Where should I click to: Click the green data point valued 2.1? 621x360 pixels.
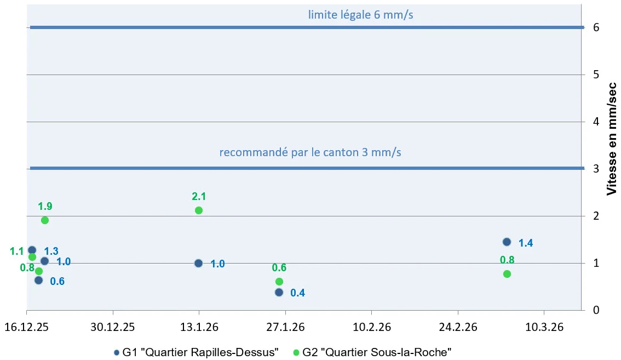199,210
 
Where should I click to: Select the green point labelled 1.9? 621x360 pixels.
45,220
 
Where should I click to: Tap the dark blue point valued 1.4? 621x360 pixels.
507,242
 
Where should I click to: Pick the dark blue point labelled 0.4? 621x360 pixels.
279,292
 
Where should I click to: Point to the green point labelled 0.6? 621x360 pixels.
279,281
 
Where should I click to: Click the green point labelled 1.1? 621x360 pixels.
32,257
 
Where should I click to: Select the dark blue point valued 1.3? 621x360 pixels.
32,250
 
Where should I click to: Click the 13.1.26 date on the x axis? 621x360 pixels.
199,327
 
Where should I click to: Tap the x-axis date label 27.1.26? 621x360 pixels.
285,327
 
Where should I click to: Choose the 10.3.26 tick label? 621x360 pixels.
543,327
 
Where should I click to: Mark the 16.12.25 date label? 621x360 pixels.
27,327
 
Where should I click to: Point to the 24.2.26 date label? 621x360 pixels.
457,327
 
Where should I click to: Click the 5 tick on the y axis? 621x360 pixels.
596,75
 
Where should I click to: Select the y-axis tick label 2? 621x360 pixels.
596,216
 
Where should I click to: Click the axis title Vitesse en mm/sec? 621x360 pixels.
612,138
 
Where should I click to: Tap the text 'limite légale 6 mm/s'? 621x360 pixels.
360,15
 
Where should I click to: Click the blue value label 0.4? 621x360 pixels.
297,293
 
